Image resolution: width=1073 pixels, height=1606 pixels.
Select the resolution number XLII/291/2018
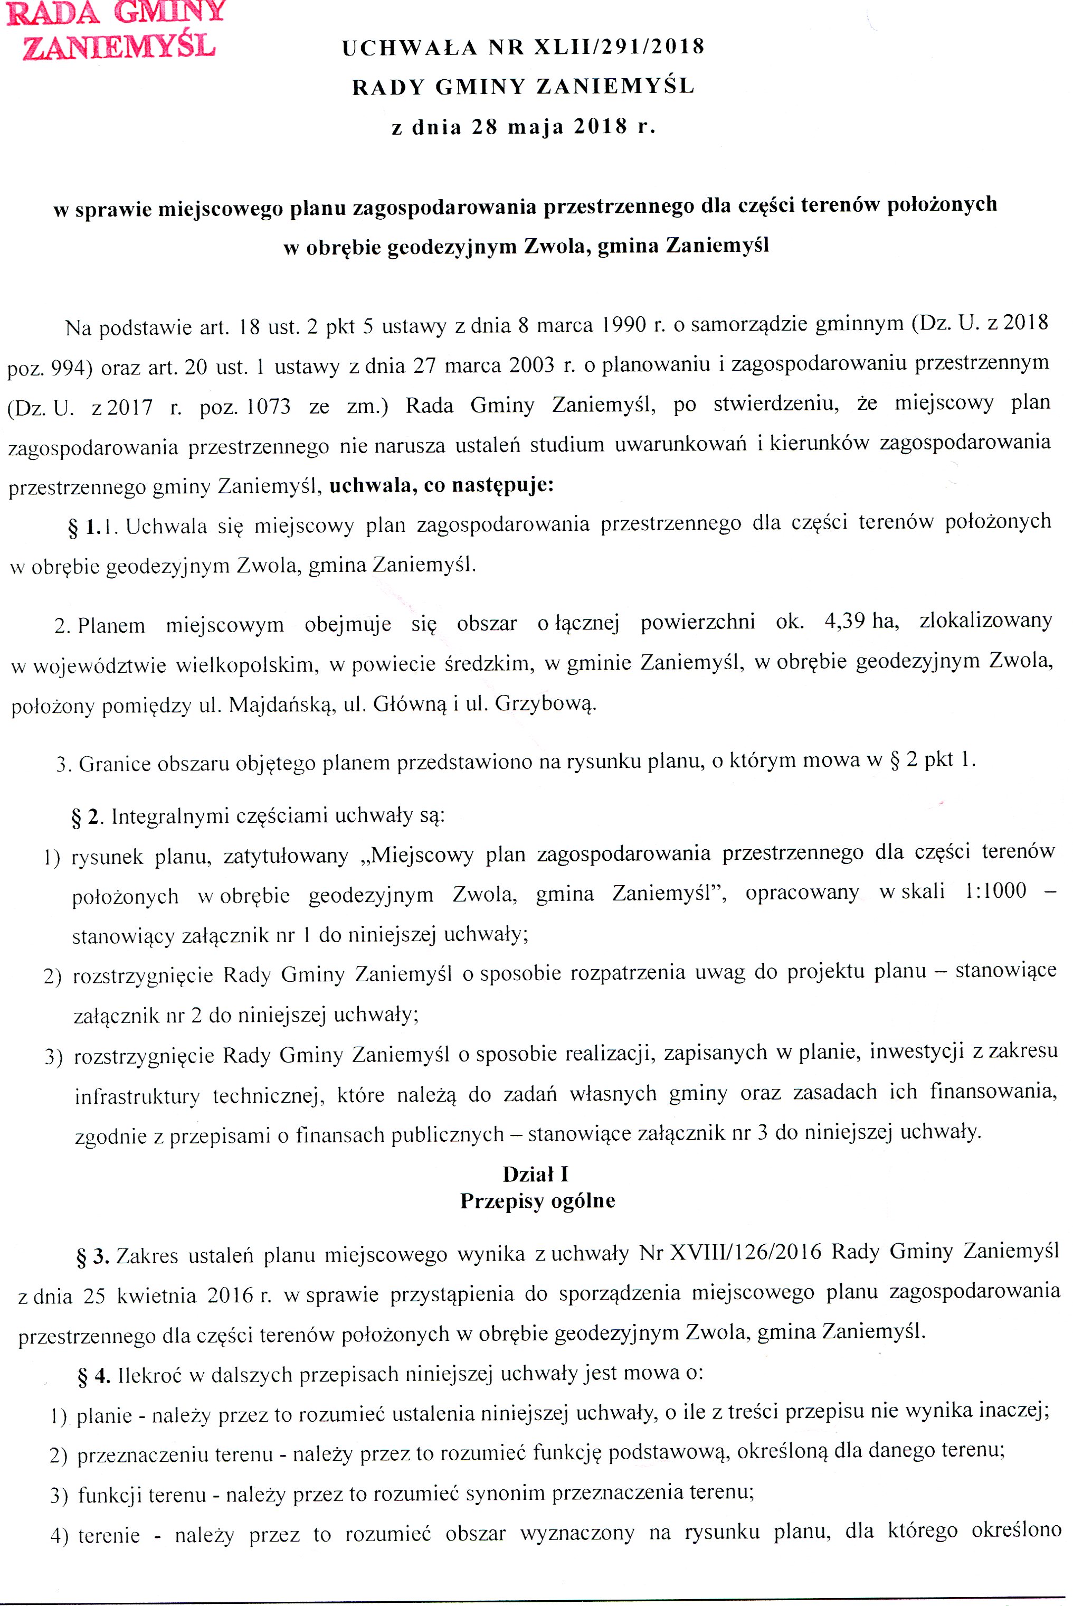pyautogui.click(x=619, y=46)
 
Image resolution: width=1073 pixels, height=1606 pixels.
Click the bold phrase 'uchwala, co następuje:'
pyautogui.click(x=441, y=485)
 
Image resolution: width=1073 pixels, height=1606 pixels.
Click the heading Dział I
pyautogui.click(x=536, y=1174)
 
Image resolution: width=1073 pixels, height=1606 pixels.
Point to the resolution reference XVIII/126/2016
pyautogui.click(x=745, y=1252)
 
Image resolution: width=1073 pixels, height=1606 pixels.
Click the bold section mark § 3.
pyautogui.click(x=92, y=1256)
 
